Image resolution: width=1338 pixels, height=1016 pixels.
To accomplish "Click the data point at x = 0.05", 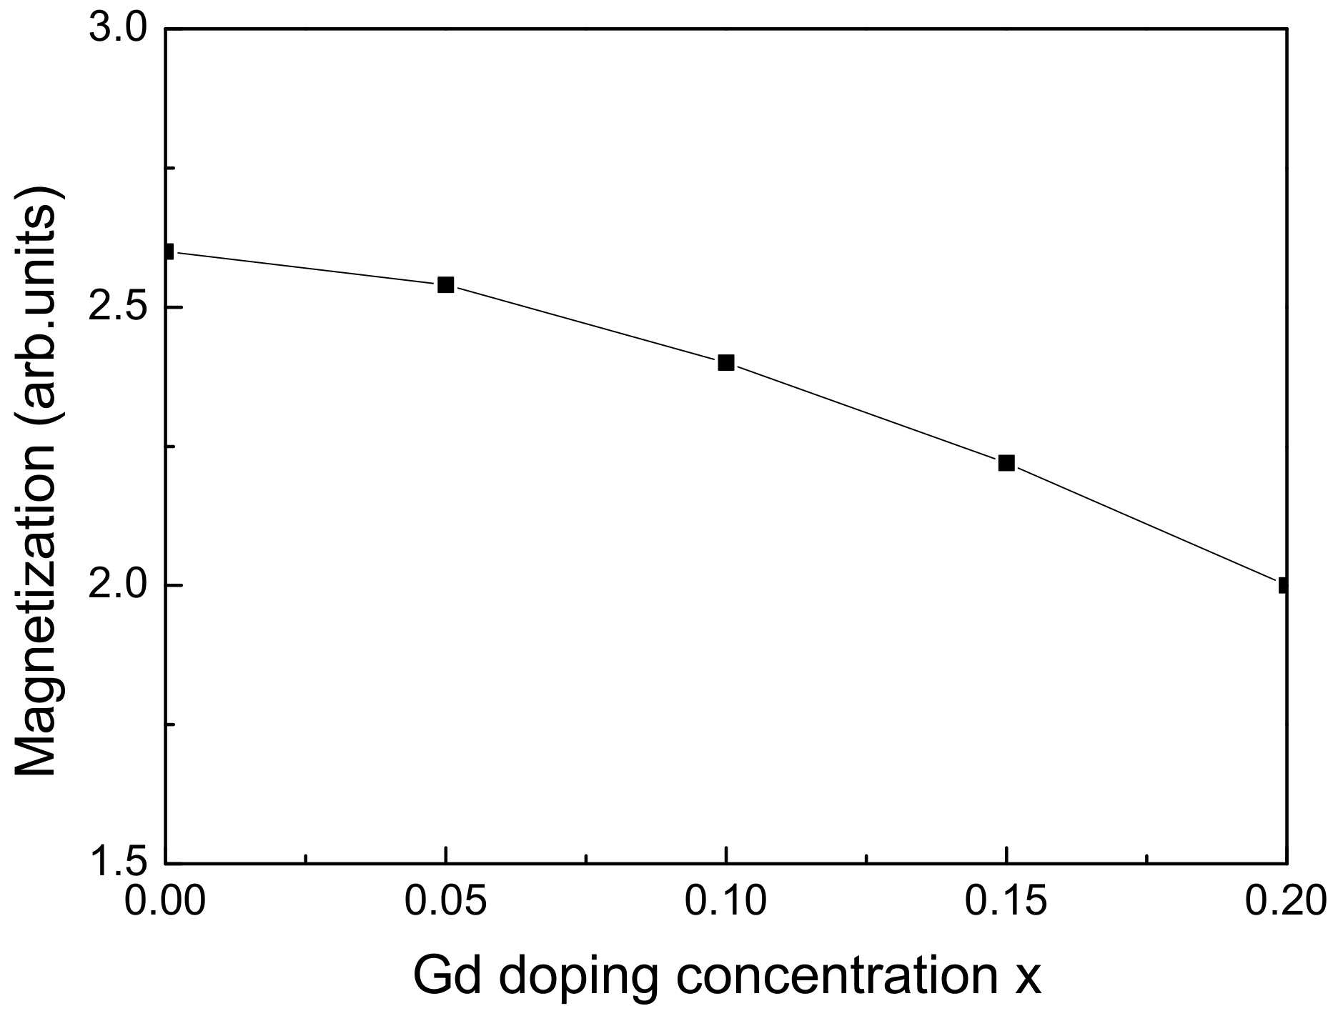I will [445, 285].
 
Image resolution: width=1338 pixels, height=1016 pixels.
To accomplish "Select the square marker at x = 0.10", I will [726, 362].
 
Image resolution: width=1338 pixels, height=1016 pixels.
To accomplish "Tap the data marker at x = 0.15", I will [1006, 463].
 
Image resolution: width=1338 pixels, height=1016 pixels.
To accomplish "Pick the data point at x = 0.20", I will [1284, 585].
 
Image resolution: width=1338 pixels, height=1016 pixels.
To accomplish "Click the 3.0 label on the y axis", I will [117, 30].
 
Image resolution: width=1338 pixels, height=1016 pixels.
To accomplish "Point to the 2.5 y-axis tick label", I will [117, 308].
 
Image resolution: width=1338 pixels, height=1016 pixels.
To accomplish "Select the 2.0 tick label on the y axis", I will [117, 586].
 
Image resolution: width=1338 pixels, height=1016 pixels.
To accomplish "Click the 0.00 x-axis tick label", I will [166, 902].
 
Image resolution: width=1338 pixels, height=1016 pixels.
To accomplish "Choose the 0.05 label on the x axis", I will [446, 902].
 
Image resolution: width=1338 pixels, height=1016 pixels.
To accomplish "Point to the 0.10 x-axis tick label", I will [726, 902].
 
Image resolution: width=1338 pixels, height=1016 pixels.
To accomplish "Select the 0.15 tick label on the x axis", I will [1006, 902].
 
